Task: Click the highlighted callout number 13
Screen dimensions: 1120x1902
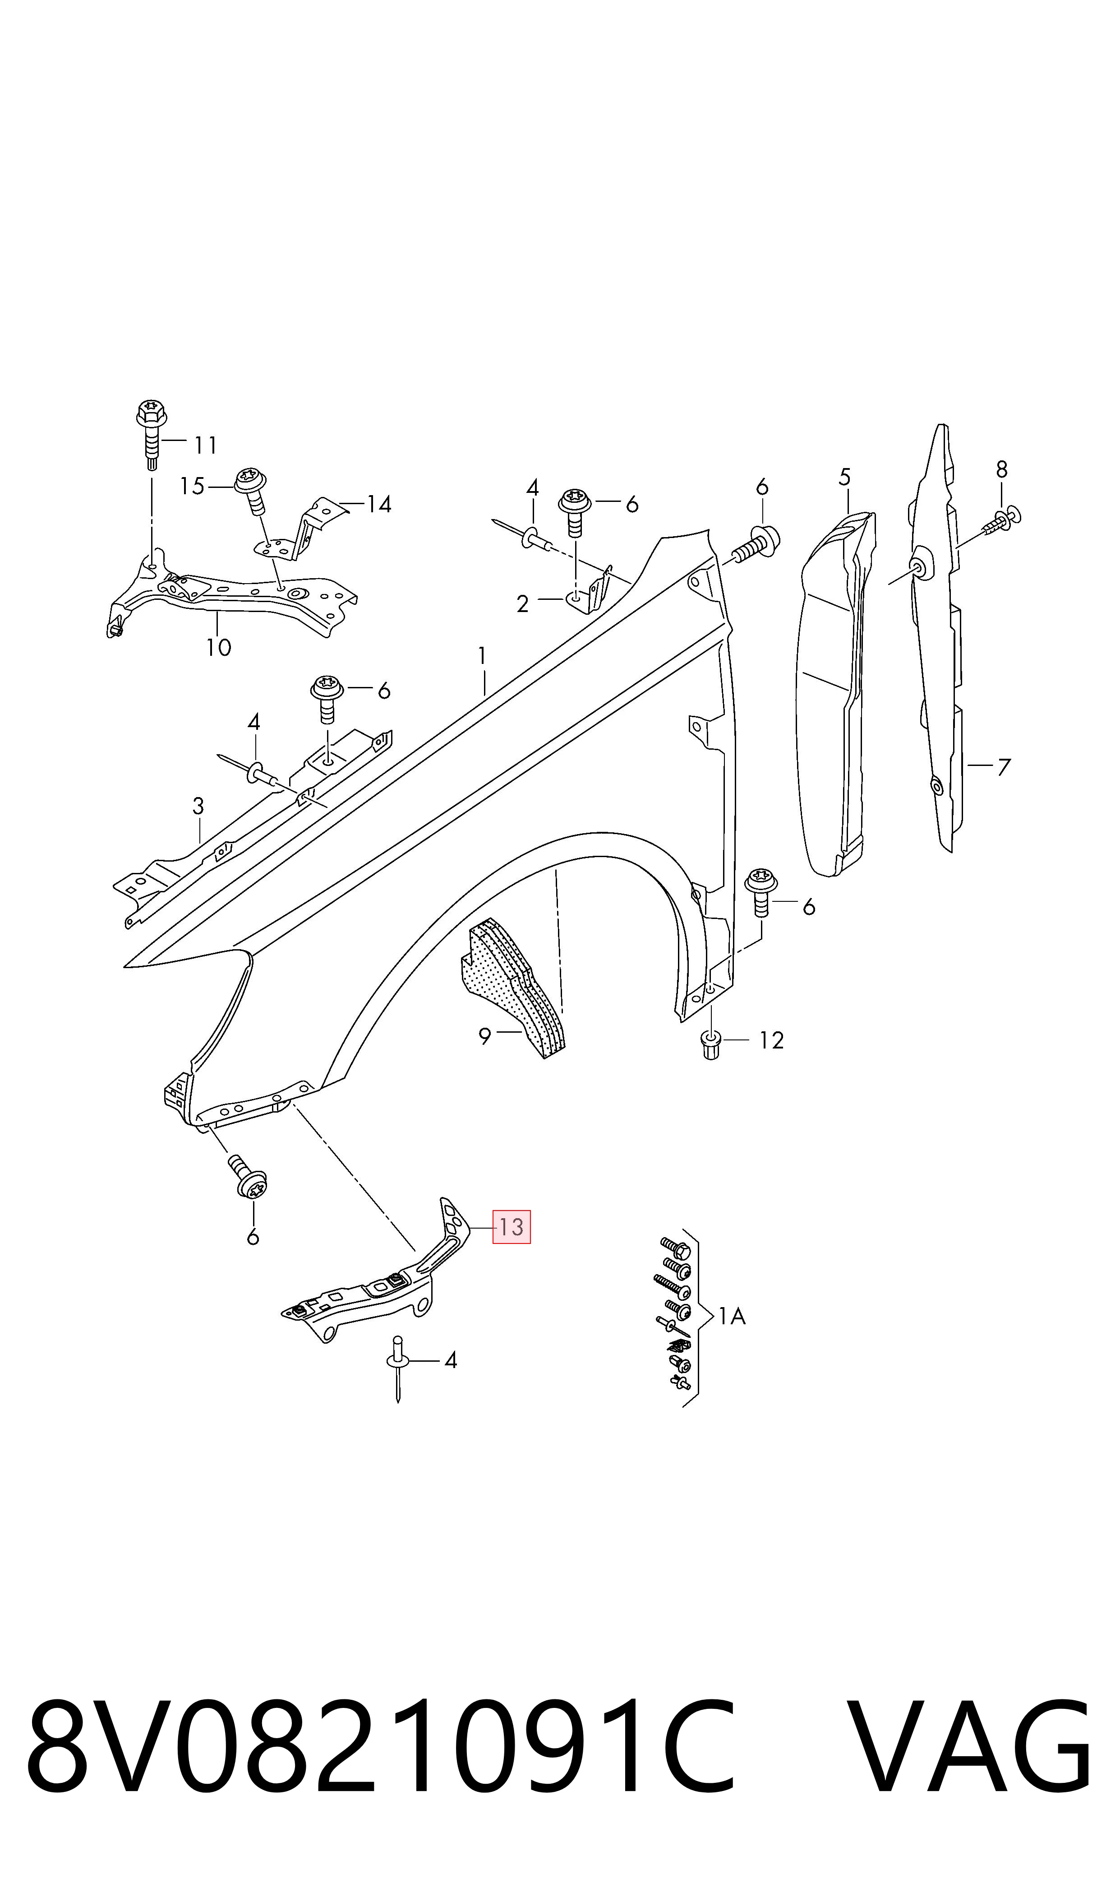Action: point(511,1227)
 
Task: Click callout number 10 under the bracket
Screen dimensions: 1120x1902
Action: point(219,647)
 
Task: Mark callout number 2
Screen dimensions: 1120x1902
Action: point(522,604)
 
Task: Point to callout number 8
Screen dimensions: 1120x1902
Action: point(1001,470)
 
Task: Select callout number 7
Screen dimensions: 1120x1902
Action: point(1003,768)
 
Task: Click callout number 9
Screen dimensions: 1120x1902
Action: point(484,1037)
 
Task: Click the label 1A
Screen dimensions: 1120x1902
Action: point(731,1317)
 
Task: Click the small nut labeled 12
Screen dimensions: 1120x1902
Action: point(710,1044)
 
